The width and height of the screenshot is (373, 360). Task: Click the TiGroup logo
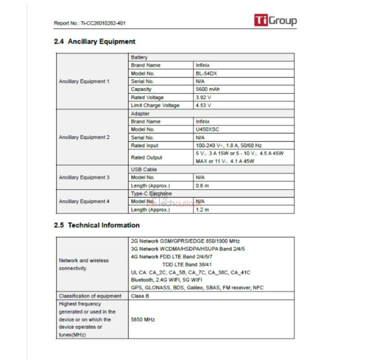(x=275, y=21)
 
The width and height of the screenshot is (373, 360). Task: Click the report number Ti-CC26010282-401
(x=90, y=24)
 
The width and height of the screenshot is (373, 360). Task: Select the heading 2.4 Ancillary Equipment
(x=94, y=42)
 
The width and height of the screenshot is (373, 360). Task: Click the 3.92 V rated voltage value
(x=203, y=97)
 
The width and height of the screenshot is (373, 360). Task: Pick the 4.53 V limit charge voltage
(x=203, y=105)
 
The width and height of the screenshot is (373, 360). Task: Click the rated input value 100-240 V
(x=229, y=146)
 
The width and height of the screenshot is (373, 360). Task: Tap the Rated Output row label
(x=147, y=157)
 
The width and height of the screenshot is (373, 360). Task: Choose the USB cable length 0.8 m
(x=202, y=186)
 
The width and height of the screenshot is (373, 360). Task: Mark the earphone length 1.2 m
(x=202, y=210)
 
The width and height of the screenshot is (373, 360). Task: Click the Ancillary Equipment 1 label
(x=84, y=81)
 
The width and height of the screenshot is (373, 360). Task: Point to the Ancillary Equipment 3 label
(x=84, y=177)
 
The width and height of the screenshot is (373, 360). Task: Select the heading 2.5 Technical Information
(x=97, y=225)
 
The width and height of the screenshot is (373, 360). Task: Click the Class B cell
(x=140, y=296)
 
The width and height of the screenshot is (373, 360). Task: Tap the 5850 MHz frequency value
(x=143, y=319)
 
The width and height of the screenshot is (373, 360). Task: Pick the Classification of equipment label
(x=90, y=296)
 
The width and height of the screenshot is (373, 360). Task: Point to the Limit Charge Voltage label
(x=155, y=105)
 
